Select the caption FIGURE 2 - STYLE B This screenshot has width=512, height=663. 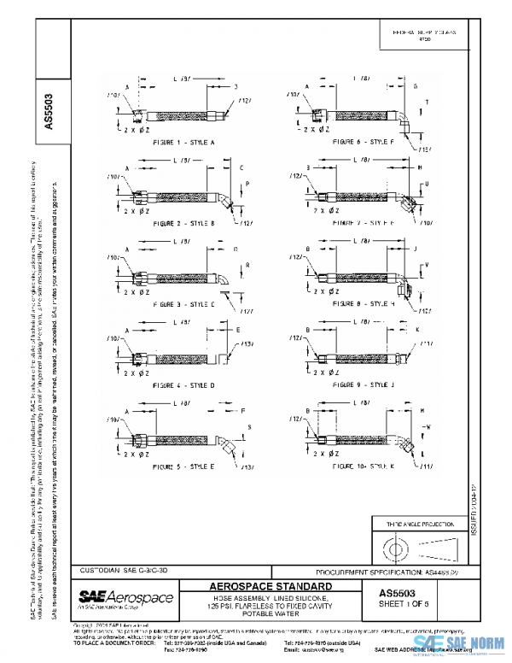point(183,222)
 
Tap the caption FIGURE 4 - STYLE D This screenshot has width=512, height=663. point(183,385)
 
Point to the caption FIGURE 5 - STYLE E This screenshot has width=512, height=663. point(183,467)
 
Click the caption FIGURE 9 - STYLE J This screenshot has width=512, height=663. point(362,385)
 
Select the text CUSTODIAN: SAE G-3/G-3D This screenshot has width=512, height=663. point(129,569)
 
